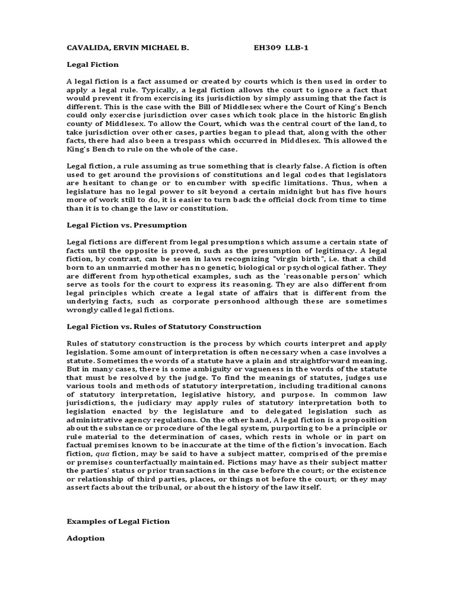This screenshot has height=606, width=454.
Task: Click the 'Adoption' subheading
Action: pyautogui.click(x=85, y=538)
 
